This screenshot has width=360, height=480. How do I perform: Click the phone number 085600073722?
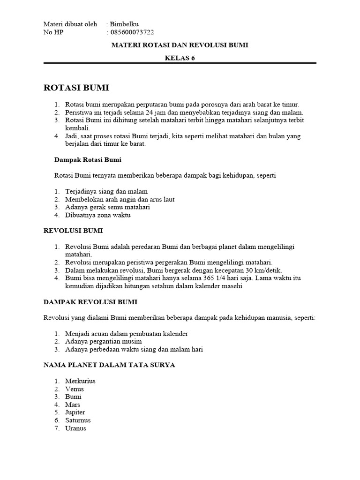pyautogui.click(x=132, y=32)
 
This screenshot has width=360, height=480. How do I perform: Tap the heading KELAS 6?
pyautogui.click(x=180, y=58)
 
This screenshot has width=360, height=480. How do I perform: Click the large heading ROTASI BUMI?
pyautogui.click(x=76, y=88)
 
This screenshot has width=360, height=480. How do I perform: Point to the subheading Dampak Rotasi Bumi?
pyautogui.click(x=88, y=160)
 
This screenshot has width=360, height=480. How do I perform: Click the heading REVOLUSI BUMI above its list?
pyautogui.click(x=73, y=231)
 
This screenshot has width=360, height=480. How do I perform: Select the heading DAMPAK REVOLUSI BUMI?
pyautogui.click(x=90, y=302)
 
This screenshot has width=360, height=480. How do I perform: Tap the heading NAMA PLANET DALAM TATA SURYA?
pyautogui.click(x=109, y=365)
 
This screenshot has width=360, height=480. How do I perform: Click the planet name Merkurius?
pyautogui.click(x=80, y=381)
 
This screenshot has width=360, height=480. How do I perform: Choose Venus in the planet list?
pyautogui.click(x=75, y=389)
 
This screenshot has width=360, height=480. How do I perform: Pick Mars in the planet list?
pyautogui.click(x=73, y=405)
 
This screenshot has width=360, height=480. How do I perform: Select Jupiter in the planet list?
pyautogui.click(x=75, y=412)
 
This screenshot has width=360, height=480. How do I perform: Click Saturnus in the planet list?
pyautogui.click(x=78, y=420)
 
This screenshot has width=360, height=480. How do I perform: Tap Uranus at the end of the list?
pyautogui.click(x=76, y=428)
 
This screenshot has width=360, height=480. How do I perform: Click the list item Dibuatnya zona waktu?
pyautogui.click(x=97, y=215)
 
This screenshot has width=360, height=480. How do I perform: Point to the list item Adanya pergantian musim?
pyautogui.click(x=104, y=342)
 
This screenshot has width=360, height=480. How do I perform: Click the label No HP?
pyautogui.click(x=53, y=32)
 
